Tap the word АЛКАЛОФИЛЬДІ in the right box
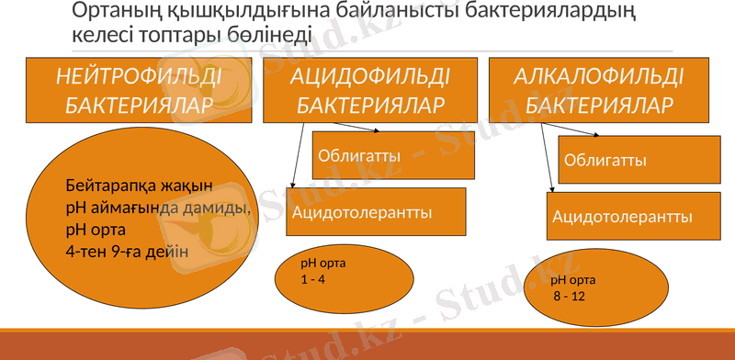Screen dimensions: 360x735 pyautogui.click(x=599, y=75)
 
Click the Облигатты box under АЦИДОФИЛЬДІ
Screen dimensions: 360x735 pyautogui.click(x=393, y=154)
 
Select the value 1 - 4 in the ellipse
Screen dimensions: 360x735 pyautogui.click(x=313, y=279)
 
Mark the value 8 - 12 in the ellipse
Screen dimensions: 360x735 pyautogui.click(x=569, y=297)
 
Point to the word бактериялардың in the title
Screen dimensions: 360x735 pyautogui.click(x=569, y=13)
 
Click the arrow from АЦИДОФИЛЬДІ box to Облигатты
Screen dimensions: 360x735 pyautogui.click(x=348, y=128)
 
